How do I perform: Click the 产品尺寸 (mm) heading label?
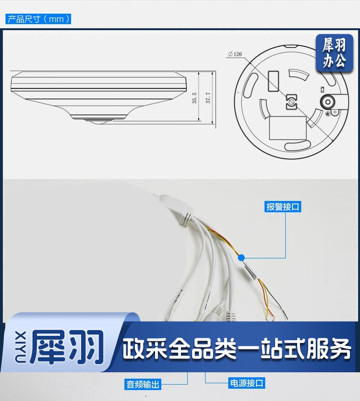[38, 19]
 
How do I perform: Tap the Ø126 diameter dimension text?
[235, 54]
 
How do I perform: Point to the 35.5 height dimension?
[195, 98]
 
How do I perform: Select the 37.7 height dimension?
[208, 98]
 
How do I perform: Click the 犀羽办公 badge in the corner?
[334, 53]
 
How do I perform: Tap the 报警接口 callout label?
[283, 206]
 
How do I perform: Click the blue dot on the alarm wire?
[241, 258]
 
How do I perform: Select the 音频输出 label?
[143, 385]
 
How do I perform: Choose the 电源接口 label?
[247, 383]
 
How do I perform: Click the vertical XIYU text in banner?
[20, 347]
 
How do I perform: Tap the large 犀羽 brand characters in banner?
[67, 347]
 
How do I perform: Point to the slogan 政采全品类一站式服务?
[237, 348]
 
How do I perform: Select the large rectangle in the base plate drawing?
[288, 128]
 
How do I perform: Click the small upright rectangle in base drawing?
[273, 81]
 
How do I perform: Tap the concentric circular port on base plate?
[328, 102]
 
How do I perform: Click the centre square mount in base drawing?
[292, 102]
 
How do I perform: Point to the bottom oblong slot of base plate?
[298, 145]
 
